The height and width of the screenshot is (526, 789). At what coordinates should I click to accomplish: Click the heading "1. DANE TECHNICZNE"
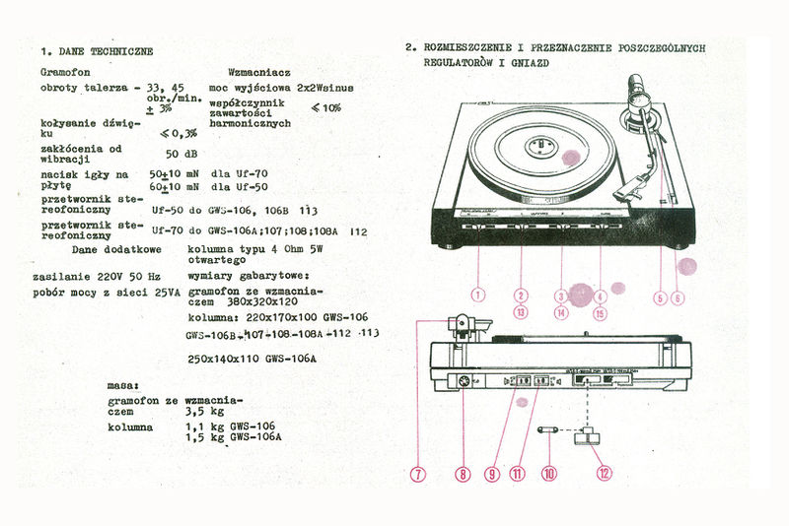click(x=97, y=50)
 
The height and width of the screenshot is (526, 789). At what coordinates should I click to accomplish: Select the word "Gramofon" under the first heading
click(x=66, y=73)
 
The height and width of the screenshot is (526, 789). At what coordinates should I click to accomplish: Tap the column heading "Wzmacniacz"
click(x=258, y=73)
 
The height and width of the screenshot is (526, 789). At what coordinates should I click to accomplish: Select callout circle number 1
click(x=478, y=295)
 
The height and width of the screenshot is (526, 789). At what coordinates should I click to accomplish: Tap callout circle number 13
click(x=522, y=313)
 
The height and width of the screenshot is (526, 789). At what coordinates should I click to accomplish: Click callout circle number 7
click(x=418, y=474)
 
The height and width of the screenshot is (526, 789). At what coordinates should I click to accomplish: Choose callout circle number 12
click(x=604, y=472)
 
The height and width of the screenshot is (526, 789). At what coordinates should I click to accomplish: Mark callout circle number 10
click(x=549, y=473)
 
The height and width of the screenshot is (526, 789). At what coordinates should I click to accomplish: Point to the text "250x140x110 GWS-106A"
click(x=251, y=360)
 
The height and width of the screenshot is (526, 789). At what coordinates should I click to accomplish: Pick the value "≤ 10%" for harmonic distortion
click(x=326, y=107)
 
